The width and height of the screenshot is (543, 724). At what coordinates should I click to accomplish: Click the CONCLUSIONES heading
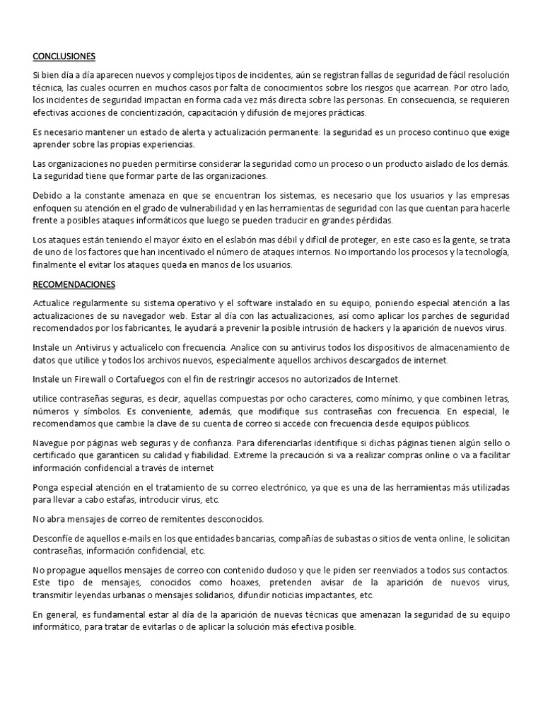pos(64,56)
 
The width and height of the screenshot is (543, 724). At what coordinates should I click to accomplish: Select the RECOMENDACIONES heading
pos(74,285)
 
